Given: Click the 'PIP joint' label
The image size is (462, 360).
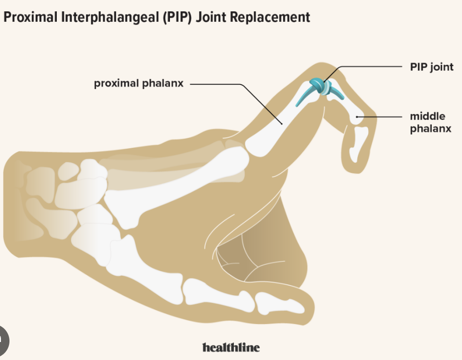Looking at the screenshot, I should [x=431, y=67].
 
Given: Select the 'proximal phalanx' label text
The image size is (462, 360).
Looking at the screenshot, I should [x=138, y=84].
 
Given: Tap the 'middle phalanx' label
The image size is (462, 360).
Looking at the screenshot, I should [x=430, y=122].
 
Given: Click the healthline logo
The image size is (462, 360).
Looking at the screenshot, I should [x=231, y=347].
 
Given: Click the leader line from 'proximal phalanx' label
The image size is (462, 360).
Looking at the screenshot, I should [x=218, y=85].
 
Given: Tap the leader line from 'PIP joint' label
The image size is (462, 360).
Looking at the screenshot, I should [x=369, y=67].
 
